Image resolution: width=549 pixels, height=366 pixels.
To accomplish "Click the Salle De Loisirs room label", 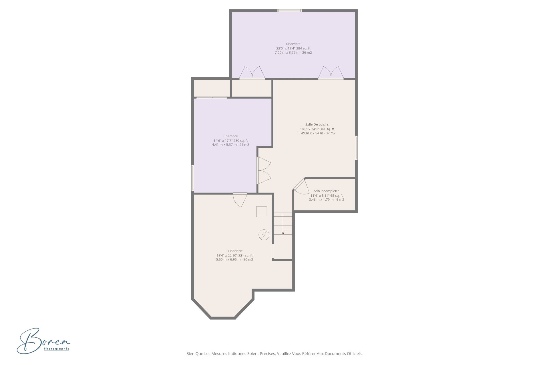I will (x=317, y=124).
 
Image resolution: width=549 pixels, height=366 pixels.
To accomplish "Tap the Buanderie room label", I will (x=234, y=251).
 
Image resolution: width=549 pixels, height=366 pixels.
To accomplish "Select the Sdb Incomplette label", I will (x=327, y=191).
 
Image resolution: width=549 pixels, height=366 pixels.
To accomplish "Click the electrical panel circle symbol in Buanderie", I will (x=264, y=235).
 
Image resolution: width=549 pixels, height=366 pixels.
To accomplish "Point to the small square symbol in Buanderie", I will (x=261, y=212).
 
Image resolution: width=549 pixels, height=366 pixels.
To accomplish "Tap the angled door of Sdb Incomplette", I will (x=300, y=187).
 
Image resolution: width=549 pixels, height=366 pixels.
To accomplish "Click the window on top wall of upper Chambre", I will (x=290, y=11).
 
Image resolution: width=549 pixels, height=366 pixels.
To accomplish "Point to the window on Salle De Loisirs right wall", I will (x=356, y=148).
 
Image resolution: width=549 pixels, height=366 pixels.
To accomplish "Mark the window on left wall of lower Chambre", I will (x=193, y=178).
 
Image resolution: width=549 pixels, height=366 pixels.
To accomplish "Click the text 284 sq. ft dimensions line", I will (x=293, y=48).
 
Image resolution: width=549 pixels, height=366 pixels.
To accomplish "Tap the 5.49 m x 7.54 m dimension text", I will (x=317, y=133).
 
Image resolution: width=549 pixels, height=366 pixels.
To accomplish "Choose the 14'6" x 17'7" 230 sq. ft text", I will (x=230, y=140).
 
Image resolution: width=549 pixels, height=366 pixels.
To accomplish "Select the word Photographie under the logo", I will (x=56, y=349).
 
